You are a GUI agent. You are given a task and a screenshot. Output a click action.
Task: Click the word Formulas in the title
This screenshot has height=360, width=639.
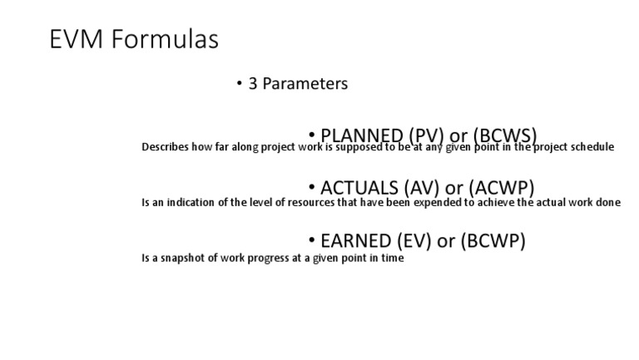point(169,39)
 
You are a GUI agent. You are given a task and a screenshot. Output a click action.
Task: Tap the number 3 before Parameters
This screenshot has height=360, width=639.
point(253,84)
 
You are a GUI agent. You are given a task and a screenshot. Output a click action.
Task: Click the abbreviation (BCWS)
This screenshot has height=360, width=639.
point(504,136)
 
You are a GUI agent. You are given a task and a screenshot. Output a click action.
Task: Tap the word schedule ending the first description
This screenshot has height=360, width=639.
point(592,147)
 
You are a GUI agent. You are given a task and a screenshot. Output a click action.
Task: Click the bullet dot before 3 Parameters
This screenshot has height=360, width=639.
point(240,84)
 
